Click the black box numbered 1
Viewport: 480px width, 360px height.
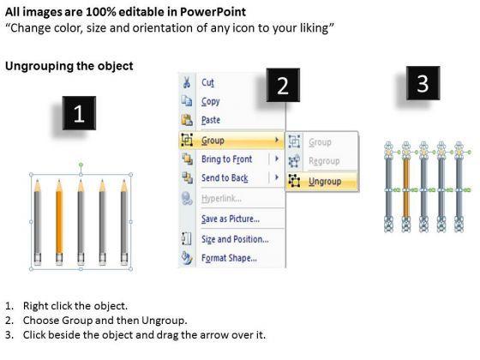(79, 113)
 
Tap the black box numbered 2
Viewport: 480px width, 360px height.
(283, 85)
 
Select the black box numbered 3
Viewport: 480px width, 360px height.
(423, 83)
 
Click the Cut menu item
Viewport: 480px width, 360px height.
(207, 82)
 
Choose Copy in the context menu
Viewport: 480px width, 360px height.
(211, 101)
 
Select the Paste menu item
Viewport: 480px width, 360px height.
(211, 120)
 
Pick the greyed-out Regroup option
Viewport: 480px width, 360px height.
(324, 161)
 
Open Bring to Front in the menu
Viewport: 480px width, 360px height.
(227, 159)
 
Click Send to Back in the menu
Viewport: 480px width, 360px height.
(225, 178)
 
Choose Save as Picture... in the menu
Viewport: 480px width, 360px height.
(231, 219)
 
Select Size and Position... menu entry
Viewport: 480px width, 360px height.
(235, 239)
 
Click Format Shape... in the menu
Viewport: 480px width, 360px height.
(229, 258)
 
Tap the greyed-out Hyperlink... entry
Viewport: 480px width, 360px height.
(222, 199)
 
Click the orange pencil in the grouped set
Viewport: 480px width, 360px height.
(59, 222)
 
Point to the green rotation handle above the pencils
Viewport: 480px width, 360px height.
(81, 165)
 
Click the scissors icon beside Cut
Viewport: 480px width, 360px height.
(187, 82)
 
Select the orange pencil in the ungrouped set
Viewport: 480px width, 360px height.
(406, 187)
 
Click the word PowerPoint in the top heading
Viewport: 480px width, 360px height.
(213, 12)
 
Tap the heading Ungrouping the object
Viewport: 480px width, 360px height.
(69, 66)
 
